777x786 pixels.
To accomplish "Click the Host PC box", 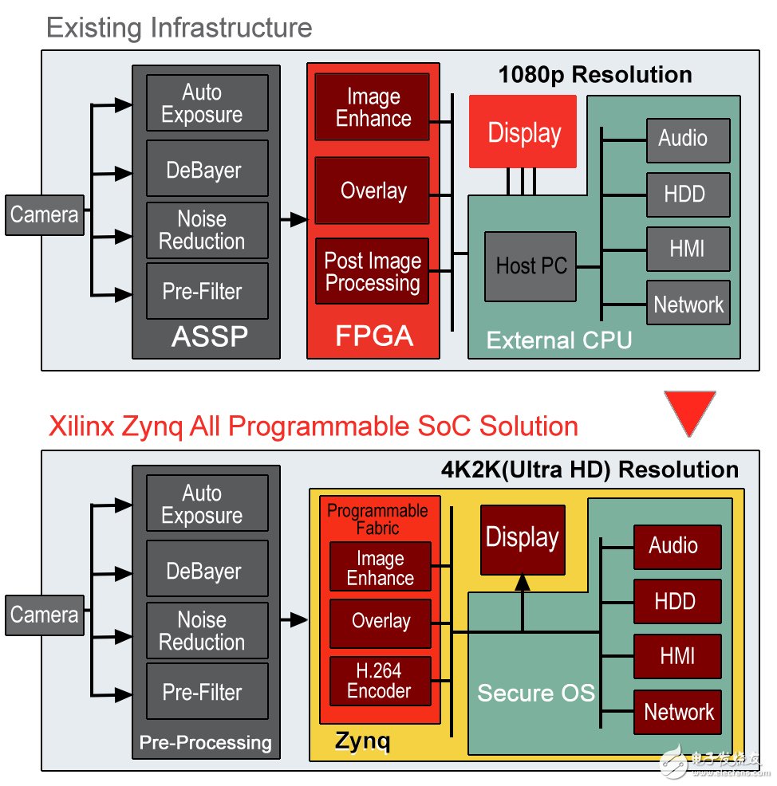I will coord(530,266).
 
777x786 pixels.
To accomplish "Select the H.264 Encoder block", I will coord(380,680).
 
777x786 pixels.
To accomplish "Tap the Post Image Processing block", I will coord(372,271).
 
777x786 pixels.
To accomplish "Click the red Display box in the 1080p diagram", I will coord(523,132).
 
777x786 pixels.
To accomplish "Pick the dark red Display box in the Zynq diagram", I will coord(523,539).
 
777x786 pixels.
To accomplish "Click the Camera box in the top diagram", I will coord(44,214).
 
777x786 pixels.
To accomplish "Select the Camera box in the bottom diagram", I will coord(44,615).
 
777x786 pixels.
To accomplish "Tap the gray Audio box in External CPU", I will coord(687,140).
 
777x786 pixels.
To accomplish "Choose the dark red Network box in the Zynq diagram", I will coord(677,712).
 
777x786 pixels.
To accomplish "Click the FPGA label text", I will coord(373,336).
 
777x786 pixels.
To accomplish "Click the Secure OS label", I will coord(535,693).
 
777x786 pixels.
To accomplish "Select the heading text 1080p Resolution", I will coord(594,75).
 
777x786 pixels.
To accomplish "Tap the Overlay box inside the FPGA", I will coord(372,191).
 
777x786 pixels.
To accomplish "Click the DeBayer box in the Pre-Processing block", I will coord(207,572).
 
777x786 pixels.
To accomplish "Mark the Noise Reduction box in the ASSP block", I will coord(207,230).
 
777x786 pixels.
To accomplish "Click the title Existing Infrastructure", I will coord(179,29).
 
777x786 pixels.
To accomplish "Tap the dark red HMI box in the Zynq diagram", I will coord(677,657).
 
